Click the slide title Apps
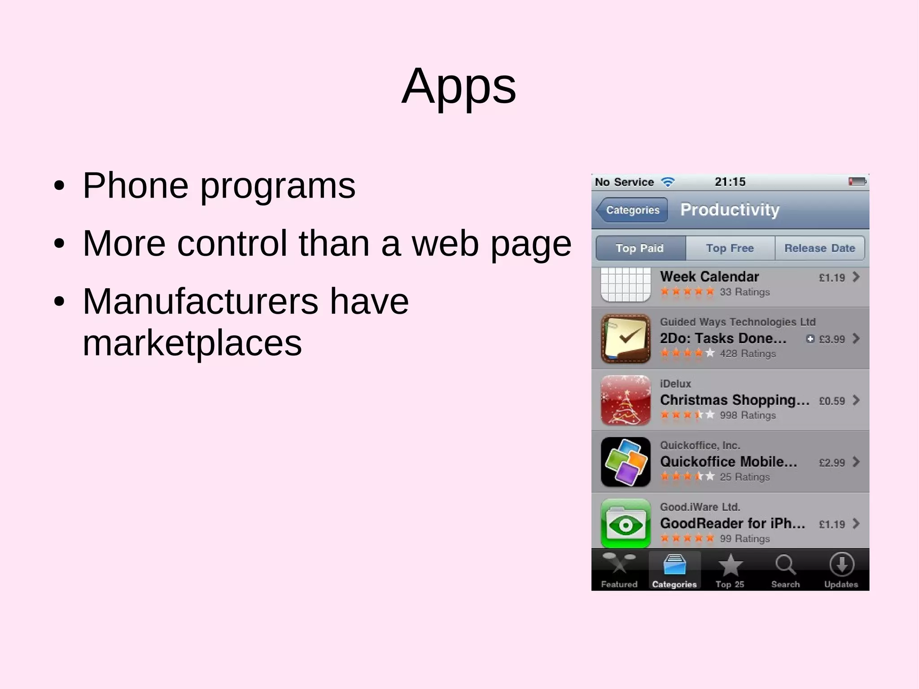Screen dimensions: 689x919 [459, 86]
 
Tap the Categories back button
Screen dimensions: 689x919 [632, 210]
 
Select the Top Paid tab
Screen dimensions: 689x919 [640, 248]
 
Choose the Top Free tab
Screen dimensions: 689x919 [730, 248]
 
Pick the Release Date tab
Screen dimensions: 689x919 [820, 248]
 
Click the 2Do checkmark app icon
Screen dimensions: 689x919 [626, 338]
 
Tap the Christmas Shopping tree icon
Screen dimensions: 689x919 [626, 400]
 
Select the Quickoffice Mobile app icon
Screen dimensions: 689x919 [626, 462]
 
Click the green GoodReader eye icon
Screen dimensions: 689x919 [626, 523]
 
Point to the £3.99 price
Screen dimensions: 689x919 [832, 339]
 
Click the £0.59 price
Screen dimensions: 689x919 [832, 401]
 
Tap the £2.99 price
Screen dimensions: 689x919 [832, 463]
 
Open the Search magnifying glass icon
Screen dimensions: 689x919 [785, 565]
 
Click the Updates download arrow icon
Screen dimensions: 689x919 [841, 564]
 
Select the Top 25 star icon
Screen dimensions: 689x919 [730, 565]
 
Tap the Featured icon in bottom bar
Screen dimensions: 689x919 [619, 564]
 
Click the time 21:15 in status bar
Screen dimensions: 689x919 [730, 182]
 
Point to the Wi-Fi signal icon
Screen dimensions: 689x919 [668, 182]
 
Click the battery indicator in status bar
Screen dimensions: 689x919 [857, 182]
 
